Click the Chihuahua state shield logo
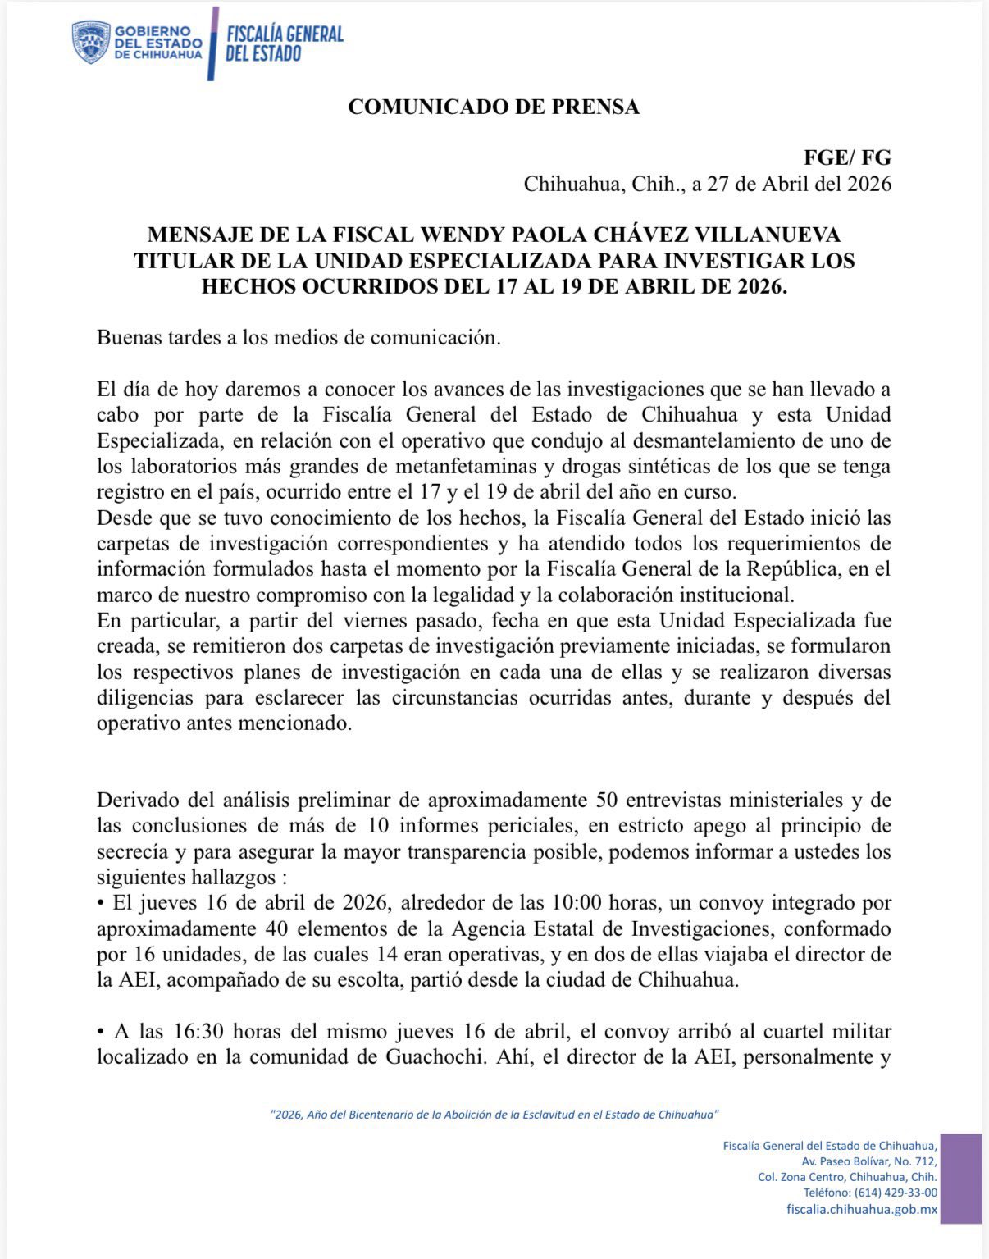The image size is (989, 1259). (90, 43)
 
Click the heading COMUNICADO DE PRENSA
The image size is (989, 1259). (494, 107)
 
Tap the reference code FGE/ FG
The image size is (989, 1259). (847, 157)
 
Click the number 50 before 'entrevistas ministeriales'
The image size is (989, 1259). (606, 801)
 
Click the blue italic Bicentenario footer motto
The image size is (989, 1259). (494, 1115)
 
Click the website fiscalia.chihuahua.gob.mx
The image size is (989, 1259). (862, 1210)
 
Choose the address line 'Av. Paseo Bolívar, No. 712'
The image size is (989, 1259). (869, 1161)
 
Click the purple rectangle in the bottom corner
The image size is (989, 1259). (961, 1178)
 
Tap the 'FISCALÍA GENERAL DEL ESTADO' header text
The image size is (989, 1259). (284, 43)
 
